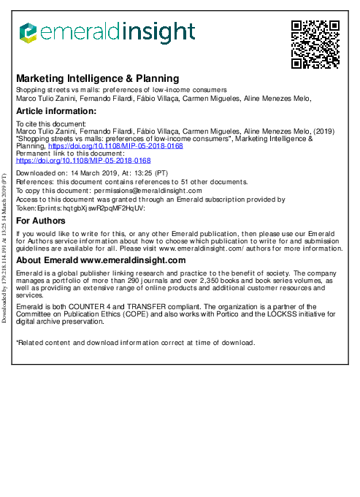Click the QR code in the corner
(x=315, y=44)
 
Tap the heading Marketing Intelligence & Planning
(x=97, y=78)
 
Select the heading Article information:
(x=54, y=111)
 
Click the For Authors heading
(x=41, y=221)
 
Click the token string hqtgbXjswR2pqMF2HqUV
(x=104, y=208)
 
